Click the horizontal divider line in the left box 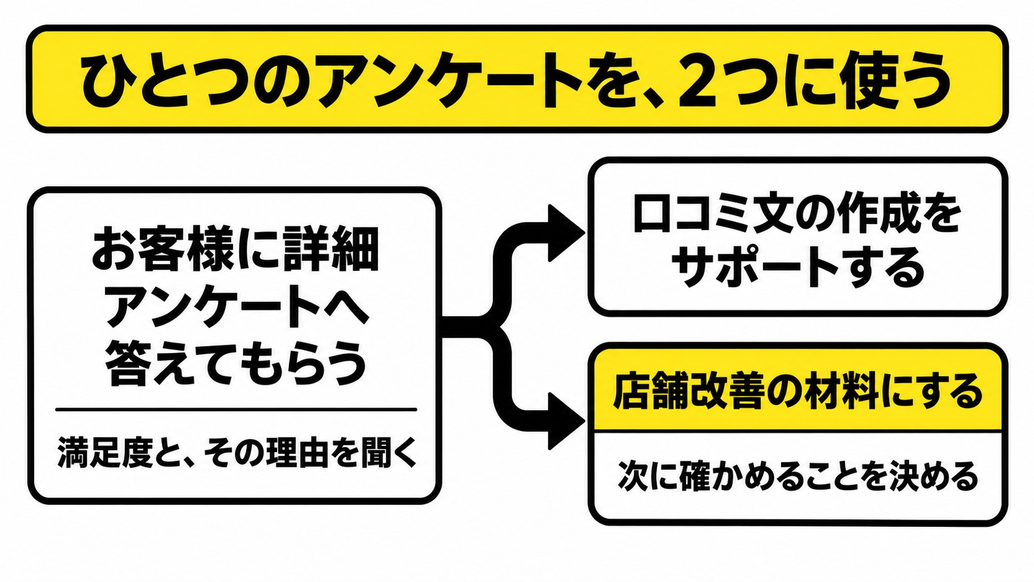click(x=236, y=409)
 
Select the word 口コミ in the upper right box click(x=686, y=215)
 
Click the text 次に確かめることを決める click(x=798, y=476)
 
